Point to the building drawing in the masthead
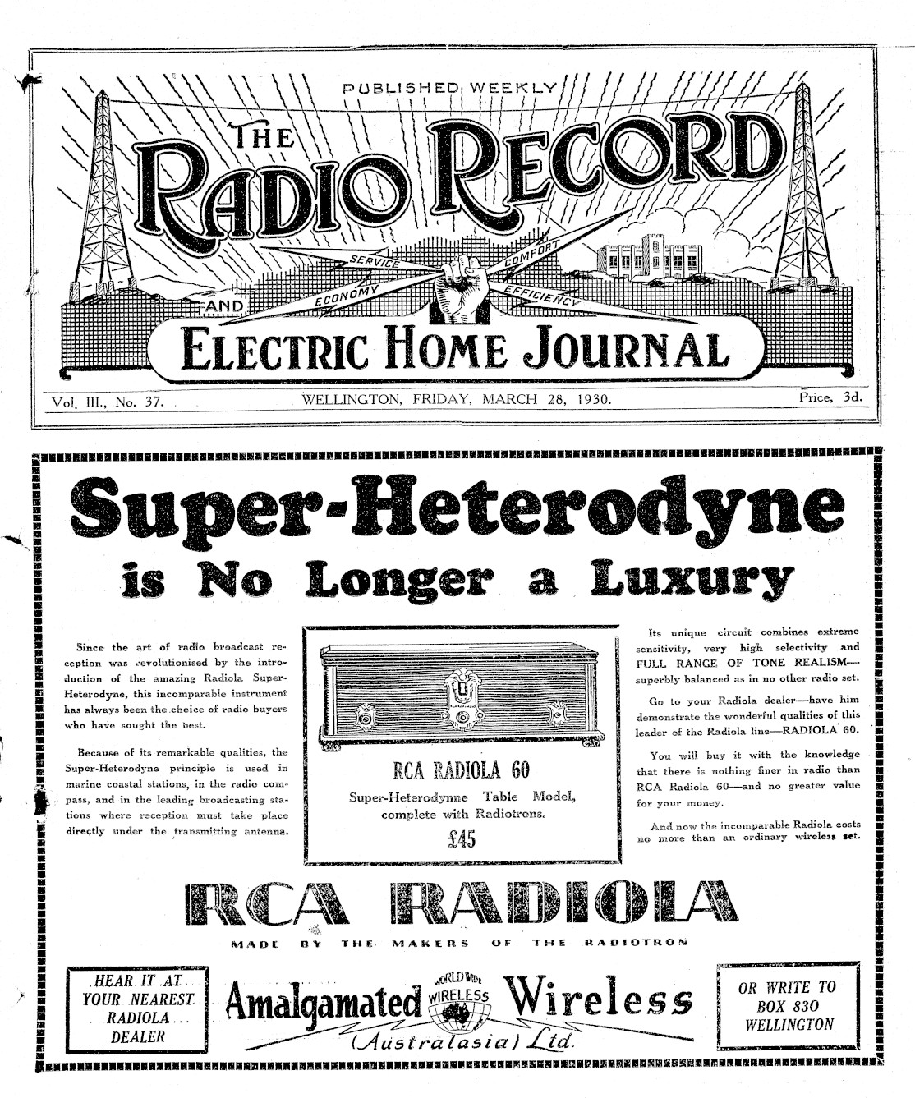click(652, 259)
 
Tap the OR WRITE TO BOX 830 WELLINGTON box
click(789, 1007)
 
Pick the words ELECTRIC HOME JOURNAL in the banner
click(454, 351)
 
